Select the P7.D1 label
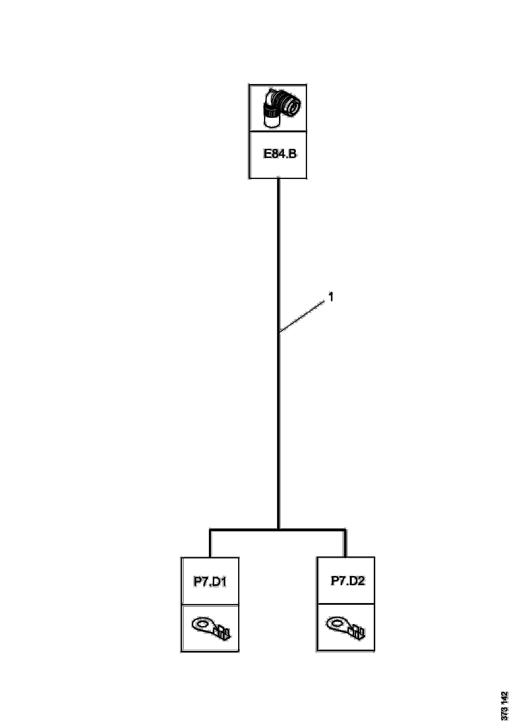point(210,582)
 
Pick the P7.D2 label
point(348,581)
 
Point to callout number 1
point(331,297)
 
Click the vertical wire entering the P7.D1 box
point(210,545)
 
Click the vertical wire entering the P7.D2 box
point(345,545)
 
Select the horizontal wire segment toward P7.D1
point(244,529)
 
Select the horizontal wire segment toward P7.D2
point(312,529)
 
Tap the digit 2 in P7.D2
point(361,581)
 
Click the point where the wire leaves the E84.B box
point(278,179)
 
